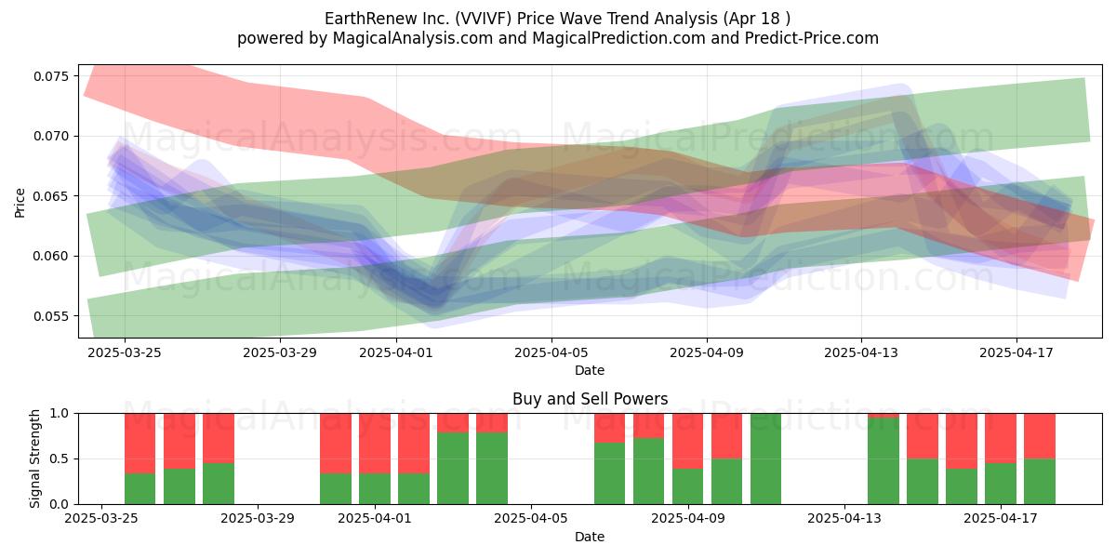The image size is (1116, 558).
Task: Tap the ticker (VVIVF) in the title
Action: tap(483, 19)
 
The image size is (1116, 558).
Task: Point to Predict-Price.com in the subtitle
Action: tap(812, 38)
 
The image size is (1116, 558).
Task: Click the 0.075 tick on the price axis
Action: tap(50, 76)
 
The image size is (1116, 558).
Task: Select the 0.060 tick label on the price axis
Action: tap(50, 256)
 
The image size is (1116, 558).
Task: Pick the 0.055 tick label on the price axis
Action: tap(50, 316)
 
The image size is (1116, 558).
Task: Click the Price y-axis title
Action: tap(20, 203)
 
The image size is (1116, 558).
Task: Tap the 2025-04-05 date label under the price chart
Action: tap(551, 352)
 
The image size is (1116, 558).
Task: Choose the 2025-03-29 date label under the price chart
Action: tap(280, 352)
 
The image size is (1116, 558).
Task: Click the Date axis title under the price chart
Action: tap(590, 370)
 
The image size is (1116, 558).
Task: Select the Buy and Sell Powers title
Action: tap(590, 399)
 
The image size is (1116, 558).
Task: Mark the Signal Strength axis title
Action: tap(34, 458)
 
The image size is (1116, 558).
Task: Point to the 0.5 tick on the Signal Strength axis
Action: tap(60, 458)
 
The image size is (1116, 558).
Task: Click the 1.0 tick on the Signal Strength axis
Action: tap(60, 414)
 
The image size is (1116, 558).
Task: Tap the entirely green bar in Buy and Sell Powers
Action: tap(765, 458)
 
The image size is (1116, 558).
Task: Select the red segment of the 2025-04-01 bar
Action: tap(375, 444)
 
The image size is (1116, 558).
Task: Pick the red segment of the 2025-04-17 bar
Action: tap(1001, 438)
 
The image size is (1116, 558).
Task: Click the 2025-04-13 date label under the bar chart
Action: tap(844, 518)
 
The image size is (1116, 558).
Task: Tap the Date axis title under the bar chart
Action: tap(590, 537)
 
